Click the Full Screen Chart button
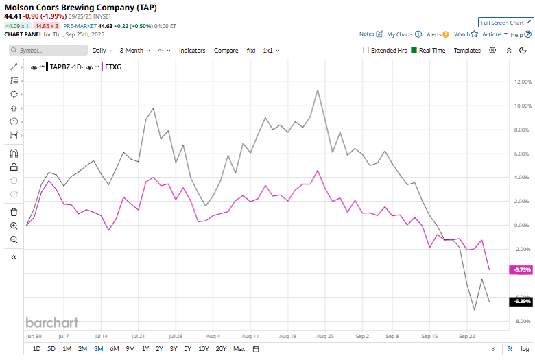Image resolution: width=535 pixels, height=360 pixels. point(505,23)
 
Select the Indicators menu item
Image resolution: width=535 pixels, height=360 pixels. point(192,51)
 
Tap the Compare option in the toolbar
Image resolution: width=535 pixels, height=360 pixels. point(226,51)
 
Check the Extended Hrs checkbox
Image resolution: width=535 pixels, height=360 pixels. point(366,51)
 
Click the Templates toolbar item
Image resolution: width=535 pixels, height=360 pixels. point(467,51)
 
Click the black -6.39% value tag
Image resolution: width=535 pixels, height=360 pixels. point(521,302)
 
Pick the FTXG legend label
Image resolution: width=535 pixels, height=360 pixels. point(114,67)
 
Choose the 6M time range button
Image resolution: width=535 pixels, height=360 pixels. point(114,349)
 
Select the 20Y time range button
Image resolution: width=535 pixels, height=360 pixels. point(221,349)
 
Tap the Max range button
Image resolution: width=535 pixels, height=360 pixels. point(239,349)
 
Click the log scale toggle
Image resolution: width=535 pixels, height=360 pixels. point(524,349)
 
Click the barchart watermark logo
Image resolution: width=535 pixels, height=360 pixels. point(51,322)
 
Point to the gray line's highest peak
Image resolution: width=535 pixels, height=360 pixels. point(317,90)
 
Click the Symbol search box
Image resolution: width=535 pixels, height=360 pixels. point(48,51)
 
